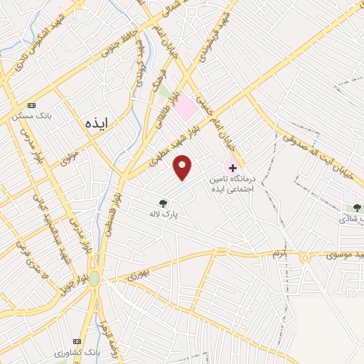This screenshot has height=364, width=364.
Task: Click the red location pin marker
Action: click(183, 167)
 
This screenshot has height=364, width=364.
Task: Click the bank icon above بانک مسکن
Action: click(31, 106)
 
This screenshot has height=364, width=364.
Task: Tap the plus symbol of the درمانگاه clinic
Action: click(232, 168)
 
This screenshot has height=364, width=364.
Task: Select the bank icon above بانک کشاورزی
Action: click(79, 343)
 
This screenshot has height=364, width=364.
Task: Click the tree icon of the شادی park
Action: click(357, 208)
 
